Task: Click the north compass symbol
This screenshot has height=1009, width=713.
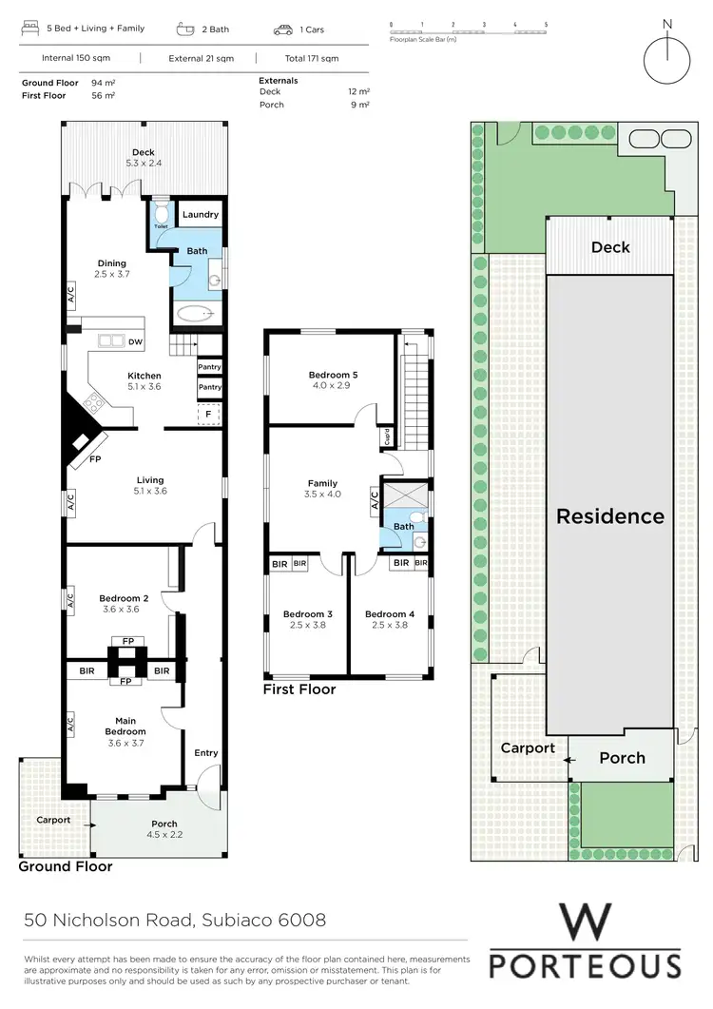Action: pyautogui.click(x=667, y=57)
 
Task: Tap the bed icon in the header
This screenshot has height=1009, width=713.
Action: pyautogui.click(x=30, y=29)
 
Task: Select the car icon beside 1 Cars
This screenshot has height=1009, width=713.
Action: pyautogui.click(x=283, y=30)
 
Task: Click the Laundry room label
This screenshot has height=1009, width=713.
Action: pyautogui.click(x=200, y=215)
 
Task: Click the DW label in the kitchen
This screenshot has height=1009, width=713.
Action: pyautogui.click(x=135, y=341)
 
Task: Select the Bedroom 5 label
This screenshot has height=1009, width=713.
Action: pyautogui.click(x=333, y=375)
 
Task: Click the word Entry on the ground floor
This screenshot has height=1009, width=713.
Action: pyautogui.click(x=206, y=753)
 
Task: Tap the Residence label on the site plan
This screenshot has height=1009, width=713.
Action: pyautogui.click(x=610, y=516)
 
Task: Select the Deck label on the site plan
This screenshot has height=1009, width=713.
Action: pyautogui.click(x=610, y=247)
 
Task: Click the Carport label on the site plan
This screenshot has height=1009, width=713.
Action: pyautogui.click(x=528, y=748)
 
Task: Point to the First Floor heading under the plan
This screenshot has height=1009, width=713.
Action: pyautogui.click(x=299, y=689)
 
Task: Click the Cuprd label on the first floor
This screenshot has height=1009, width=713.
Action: pyautogui.click(x=387, y=437)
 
